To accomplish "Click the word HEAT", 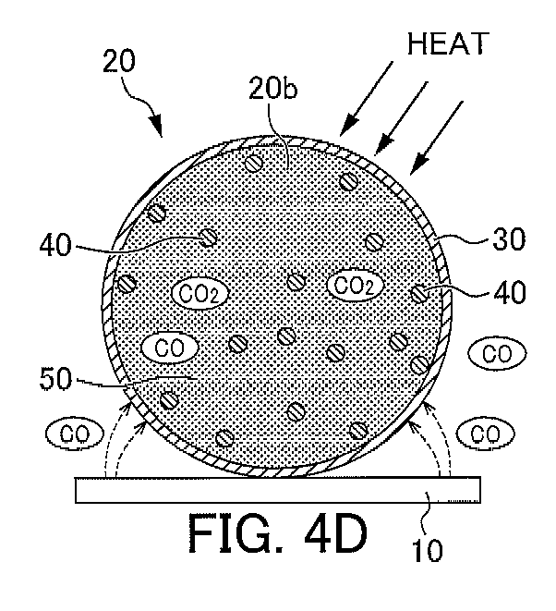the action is (x=448, y=43).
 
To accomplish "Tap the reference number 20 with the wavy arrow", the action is (x=119, y=61).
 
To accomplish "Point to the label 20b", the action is (x=273, y=89).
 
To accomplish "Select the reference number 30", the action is (x=509, y=238).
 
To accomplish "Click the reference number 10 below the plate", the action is (x=428, y=550).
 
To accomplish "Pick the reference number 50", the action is (x=55, y=379).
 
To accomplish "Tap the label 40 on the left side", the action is (x=55, y=245).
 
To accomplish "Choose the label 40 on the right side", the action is (x=510, y=292).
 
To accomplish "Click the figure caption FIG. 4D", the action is (x=278, y=532).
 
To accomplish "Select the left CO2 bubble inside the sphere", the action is (x=199, y=293).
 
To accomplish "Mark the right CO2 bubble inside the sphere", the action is (x=355, y=286).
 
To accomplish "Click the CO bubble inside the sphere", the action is (x=169, y=348).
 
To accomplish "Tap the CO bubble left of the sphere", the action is (x=75, y=433).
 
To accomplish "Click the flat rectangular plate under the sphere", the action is (x=278, y=489).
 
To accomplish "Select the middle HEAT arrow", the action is (x=402, y=118).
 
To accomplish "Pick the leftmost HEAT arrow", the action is (x=367, y=99).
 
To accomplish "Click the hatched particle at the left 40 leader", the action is (x=208, y=237).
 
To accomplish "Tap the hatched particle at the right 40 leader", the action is (x=419, y=294).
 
